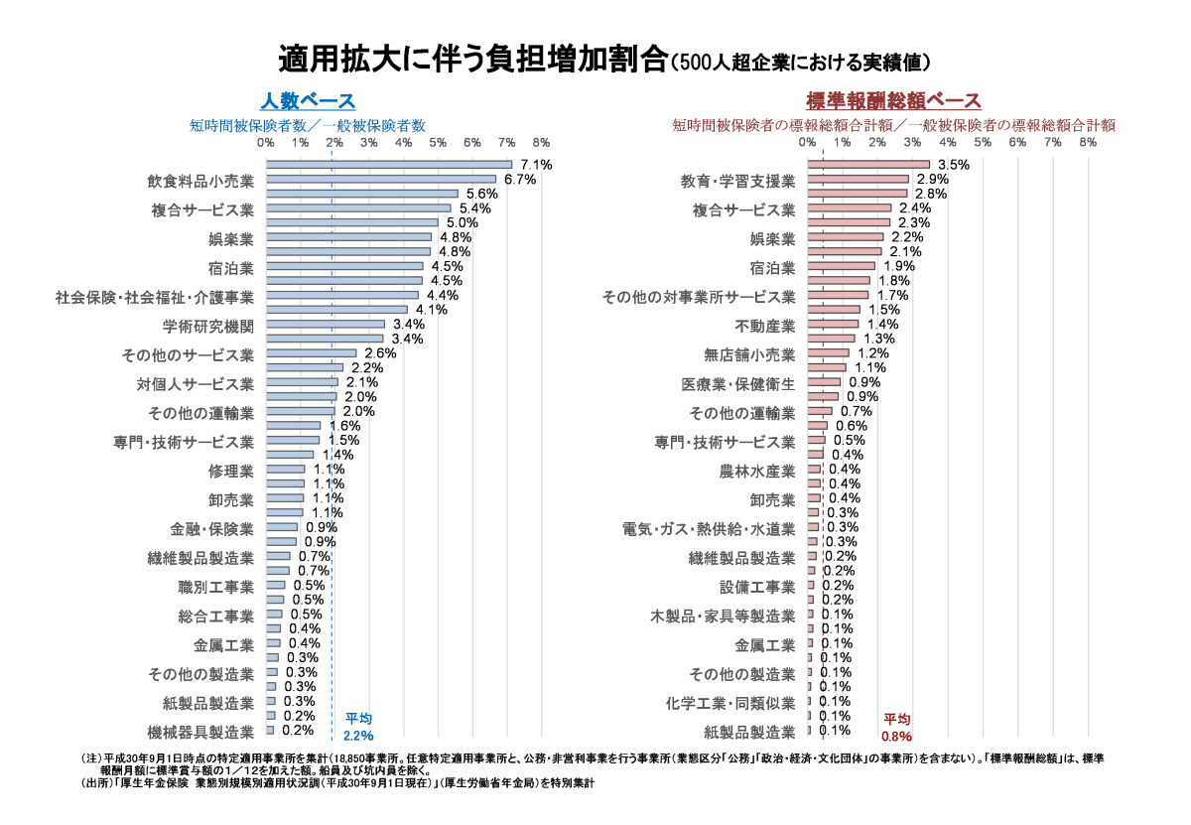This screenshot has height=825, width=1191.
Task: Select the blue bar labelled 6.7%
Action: pyautogui.click(x=381, y=180)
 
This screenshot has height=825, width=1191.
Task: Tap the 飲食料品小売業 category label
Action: pyautogui.click(x=200, y=182)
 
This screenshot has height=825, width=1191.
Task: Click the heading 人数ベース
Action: pyautogui.click(x=308, y=101)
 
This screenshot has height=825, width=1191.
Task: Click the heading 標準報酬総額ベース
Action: pyautogui.click(x=893, y=101)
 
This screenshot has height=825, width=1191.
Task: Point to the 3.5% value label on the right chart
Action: pyautogui.click(x=953, y=165)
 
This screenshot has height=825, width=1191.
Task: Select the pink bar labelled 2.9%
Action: pyautogui.click(x=859, y=180)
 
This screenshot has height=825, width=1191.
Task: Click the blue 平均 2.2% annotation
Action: pyautogui.click(x=358, y=727)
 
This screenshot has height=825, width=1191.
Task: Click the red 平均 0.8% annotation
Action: pyautogui.click(x=896, y=727)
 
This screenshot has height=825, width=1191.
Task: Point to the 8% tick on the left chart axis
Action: pyautogui.click(x=541, y=143)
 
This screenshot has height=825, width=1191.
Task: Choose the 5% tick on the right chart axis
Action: pyautogui.click(x=983, y=143)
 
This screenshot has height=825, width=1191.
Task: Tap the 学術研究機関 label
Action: pyautogui.click(x=208, y=326)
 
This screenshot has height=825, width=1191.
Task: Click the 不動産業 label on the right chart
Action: pyautogui.click(x=765, y=326)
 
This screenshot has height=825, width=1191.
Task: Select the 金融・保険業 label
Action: pyautogui.click(x=212, y=529)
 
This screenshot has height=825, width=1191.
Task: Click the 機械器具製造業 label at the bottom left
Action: pyautogui.click(x=200, y=733)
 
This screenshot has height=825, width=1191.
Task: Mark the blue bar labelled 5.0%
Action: pyautogui.click(x=352, y=223)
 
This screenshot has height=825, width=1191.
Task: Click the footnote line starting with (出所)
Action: pyautogui.click(x=337, y=782)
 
